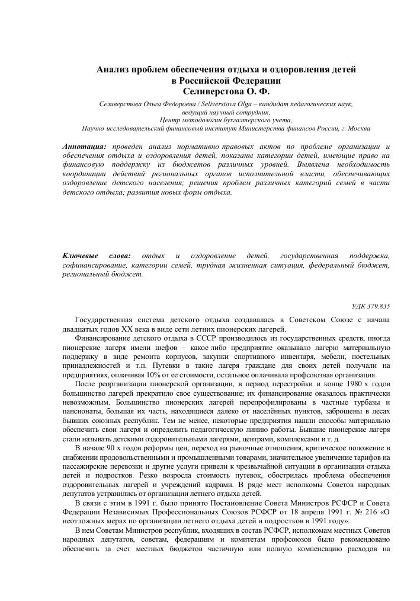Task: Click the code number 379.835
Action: click(x=378, y=306)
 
